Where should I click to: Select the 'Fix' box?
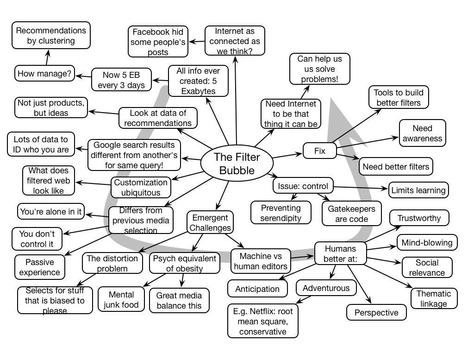(319, 151)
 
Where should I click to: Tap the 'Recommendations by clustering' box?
(51, 36)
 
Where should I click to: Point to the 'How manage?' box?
(44, 73)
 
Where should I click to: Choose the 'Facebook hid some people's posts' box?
(158, 42)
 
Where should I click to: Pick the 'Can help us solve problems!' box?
(319, 69)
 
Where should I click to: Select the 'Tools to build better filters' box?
(398, 97)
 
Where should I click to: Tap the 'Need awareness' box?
(422, 133)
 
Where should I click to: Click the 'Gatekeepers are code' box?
(352, 214)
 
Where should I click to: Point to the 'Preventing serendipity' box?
(281, 213)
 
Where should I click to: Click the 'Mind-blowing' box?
(427, 243)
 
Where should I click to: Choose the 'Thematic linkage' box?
(434, 298)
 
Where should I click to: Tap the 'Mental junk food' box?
(121, 300)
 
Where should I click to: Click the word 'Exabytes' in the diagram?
(198, 91)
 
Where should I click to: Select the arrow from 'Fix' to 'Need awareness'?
(368, 142)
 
